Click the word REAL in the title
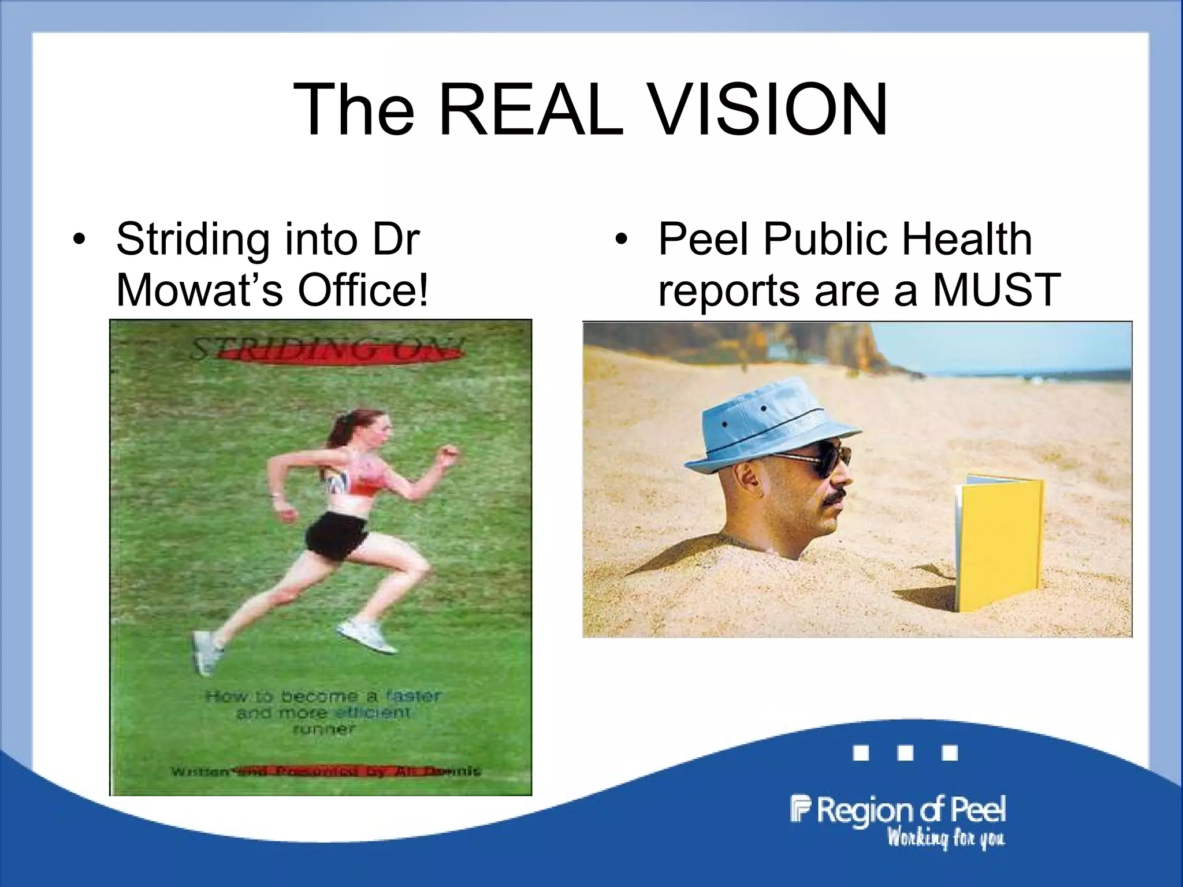point(531,110)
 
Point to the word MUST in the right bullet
point(996,290)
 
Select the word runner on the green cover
point(323,729)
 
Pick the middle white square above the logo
point(905,753)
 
